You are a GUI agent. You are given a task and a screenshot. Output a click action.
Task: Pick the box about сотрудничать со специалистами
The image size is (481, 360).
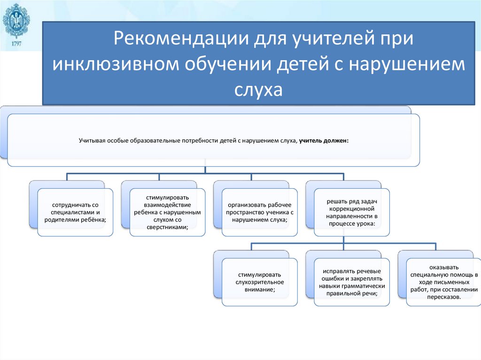[x=75, y=212]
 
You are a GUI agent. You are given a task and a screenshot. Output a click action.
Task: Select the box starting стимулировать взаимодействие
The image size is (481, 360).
[x=167, y=212]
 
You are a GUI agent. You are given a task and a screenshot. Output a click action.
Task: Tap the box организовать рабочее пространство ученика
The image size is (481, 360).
[x=259, y=212]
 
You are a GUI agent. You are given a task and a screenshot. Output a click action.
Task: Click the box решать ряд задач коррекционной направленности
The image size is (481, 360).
[x=351, y=212]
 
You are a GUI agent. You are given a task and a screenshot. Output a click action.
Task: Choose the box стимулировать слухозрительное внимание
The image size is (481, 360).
[x=259, y=282]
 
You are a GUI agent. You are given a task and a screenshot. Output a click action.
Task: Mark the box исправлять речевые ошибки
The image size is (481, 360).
[x=351, y=282]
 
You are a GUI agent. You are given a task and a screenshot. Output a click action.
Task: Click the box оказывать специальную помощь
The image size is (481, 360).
[x=443, y=282]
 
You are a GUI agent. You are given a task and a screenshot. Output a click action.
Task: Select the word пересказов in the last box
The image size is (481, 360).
[x=443, y=297]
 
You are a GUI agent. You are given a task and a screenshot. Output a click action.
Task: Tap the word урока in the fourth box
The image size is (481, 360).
[x=365, y=223]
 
